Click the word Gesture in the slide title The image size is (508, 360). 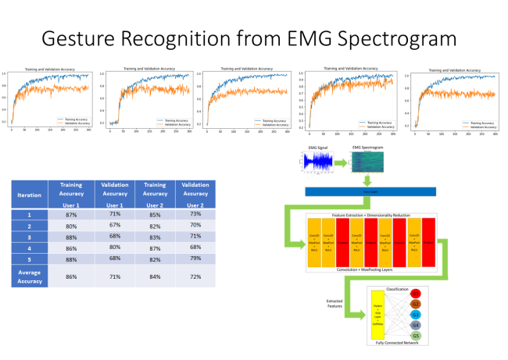[x=70, y=37]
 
